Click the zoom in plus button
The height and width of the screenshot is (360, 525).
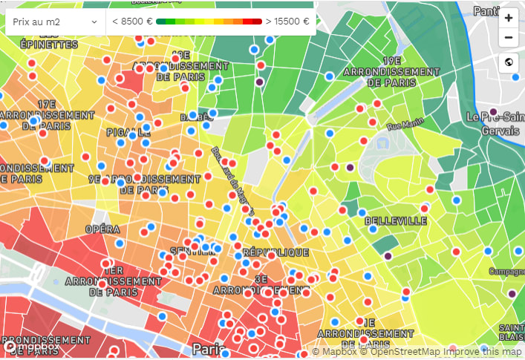click(509, 18)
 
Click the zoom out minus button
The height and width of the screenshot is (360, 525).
click(509, 38)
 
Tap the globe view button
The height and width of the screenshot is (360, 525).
click(509, 62)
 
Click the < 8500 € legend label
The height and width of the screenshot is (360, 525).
click(131, 22)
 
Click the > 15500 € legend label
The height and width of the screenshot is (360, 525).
click(287, 22)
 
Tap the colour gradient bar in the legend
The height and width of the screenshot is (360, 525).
click(208, 22)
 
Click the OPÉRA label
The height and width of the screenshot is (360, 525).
click(102, 229)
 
